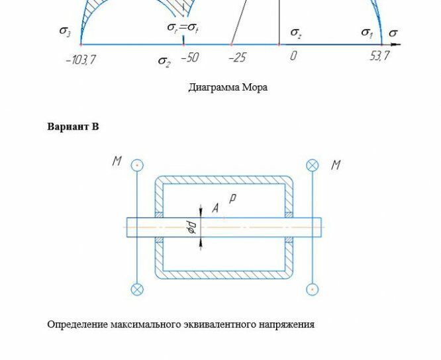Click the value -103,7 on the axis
81,60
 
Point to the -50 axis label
190,58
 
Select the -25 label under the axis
238,58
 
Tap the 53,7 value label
379,56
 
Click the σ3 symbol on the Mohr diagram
65,31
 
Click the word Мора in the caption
255,87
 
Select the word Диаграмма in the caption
214,87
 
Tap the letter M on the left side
117,161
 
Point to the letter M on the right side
336,165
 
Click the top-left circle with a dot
137,165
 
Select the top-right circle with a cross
313,165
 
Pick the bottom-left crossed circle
137,289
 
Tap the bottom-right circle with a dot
313,289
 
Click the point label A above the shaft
215,208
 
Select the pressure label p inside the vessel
232,198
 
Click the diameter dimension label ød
192,228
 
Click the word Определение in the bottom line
77,324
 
